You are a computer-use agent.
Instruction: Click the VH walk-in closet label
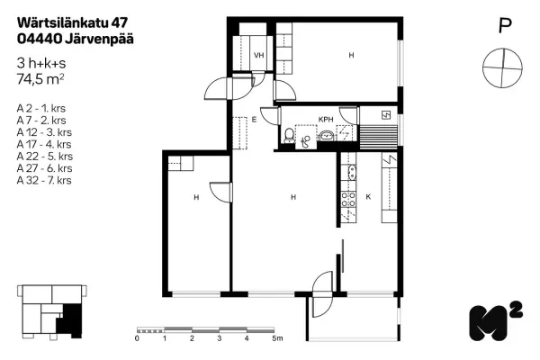click(258, 55)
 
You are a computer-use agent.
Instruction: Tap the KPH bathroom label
click(326, 120)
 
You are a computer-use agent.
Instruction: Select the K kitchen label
click(368, 197)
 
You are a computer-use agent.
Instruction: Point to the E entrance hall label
click(254, 120)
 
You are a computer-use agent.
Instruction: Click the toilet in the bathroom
click(289, 135)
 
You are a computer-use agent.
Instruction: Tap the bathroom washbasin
click(326, 136)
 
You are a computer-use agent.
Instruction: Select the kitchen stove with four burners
click(348, 200)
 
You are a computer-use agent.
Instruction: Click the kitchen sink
click(352, 172)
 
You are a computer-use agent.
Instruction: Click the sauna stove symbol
click(386, 114)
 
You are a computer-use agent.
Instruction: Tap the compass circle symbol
click(502, 67)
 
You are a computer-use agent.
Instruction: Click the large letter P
click(505, 25)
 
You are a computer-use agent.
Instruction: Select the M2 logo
click(496, 321)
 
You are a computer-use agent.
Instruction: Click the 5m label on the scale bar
click(277, 338)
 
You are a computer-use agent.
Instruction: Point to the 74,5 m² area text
click(40, 79)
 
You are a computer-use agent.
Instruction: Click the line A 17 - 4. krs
click(44, 144)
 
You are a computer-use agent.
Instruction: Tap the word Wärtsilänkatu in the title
click(63, 22)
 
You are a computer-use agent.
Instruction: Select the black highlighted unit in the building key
click(70, 320)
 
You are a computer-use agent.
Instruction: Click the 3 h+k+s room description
click(41, 63)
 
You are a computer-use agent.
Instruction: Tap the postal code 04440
click(40, 39)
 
